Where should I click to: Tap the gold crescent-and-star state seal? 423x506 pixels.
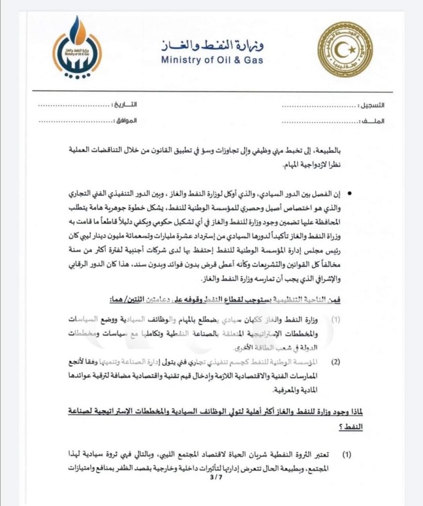[346, 50]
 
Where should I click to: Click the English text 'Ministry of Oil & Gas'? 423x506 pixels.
[211, 60]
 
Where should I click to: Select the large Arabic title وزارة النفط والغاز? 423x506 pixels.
[213, 46]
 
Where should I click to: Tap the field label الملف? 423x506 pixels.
[375, 121]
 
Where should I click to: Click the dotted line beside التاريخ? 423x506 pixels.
[74, 106]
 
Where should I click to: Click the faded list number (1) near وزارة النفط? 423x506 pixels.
[336, 320]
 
